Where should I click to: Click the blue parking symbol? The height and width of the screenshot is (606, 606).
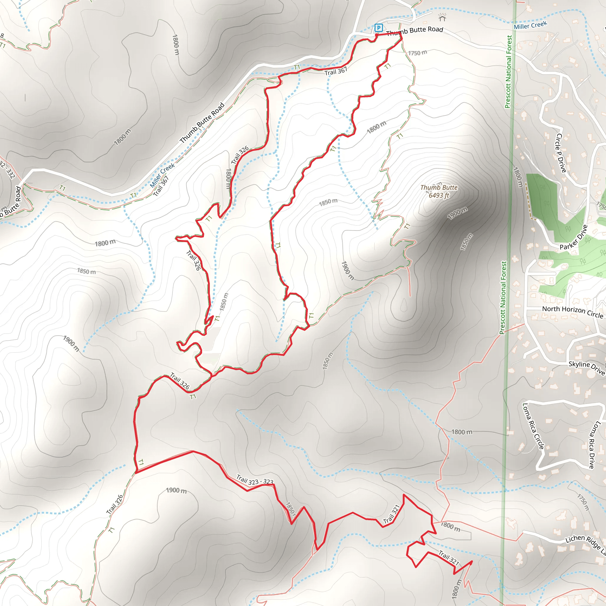pos(378,28)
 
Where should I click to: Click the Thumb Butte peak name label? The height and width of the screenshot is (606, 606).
pos(439,188)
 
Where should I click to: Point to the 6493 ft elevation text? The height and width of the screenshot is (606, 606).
pos(439,195)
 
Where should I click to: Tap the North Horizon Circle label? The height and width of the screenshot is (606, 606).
pos(573,312)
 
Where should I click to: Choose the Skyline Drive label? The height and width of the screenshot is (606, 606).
pos(586,368)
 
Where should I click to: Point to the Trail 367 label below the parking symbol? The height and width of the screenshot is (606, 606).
pos(336,72)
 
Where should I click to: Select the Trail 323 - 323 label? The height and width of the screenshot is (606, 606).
pos(255,480)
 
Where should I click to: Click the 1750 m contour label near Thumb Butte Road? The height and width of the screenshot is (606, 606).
pos(418,53)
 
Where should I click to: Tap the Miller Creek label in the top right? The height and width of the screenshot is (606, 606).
pos(530,25)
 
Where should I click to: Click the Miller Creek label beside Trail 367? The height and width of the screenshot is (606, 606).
pos(162,175)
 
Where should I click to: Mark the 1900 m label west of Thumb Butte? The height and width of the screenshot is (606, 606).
pos(347,270)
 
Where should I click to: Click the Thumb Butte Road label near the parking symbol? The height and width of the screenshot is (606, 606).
pos(414,31)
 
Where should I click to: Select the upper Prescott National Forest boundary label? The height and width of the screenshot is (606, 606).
pos(508,72)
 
